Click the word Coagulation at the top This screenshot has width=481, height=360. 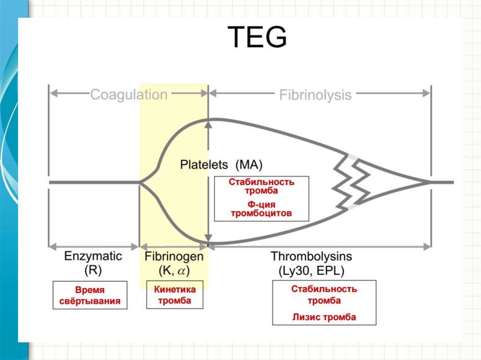click(x=128, y=95)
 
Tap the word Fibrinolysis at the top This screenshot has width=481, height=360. click(x=315, y=95)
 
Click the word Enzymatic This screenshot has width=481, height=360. click(x=93, y=256)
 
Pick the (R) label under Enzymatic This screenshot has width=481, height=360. click(x=93, y=271)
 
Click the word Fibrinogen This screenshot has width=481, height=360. click(x=174, y=256)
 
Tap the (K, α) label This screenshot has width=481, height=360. click(x=174, y=271)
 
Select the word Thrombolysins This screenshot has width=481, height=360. click(x=311, y=256)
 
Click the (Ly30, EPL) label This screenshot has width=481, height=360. click(x=311, y=271)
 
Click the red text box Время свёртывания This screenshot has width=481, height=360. click(x=90, y=295)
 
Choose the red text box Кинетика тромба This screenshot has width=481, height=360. click(x=175, y=295)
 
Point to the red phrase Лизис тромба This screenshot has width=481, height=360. click(x=324, y=317)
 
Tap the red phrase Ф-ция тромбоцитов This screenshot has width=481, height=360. click(x=261, y=209)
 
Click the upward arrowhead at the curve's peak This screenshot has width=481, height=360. click(x=208, y=122)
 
